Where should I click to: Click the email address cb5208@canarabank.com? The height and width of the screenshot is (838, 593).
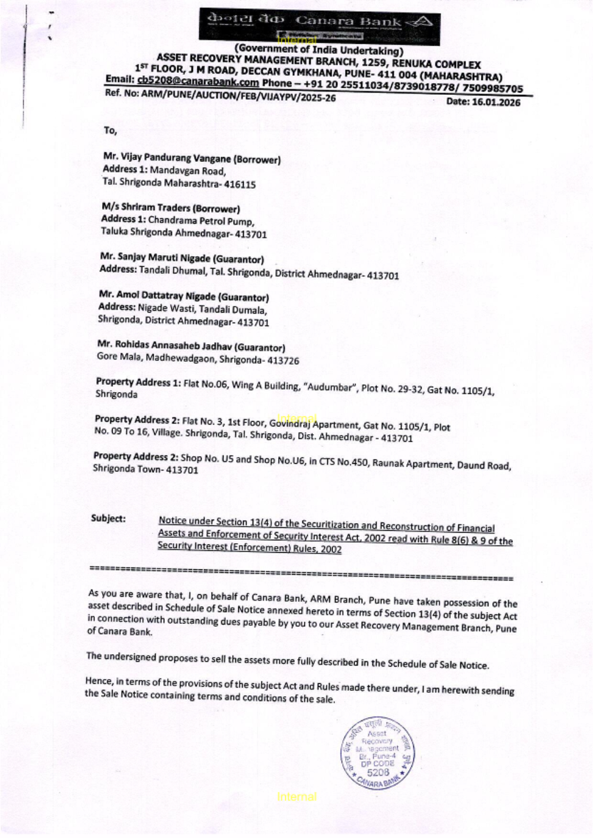tap(198, 82)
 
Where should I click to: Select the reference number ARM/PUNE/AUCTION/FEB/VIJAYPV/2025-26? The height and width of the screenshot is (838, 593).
tap(238, 95)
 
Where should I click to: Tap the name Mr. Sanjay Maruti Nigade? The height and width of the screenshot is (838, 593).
tap(155, 258)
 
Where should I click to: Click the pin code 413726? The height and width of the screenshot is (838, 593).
tap(283, 361)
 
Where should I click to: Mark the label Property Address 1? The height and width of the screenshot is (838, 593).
tap(138, 383)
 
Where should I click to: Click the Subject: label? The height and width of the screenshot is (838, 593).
tap(108, 518)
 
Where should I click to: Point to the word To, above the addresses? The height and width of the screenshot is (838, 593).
tap(110, 130)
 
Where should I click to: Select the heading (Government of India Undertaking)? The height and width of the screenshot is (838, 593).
tap(318, 50)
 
